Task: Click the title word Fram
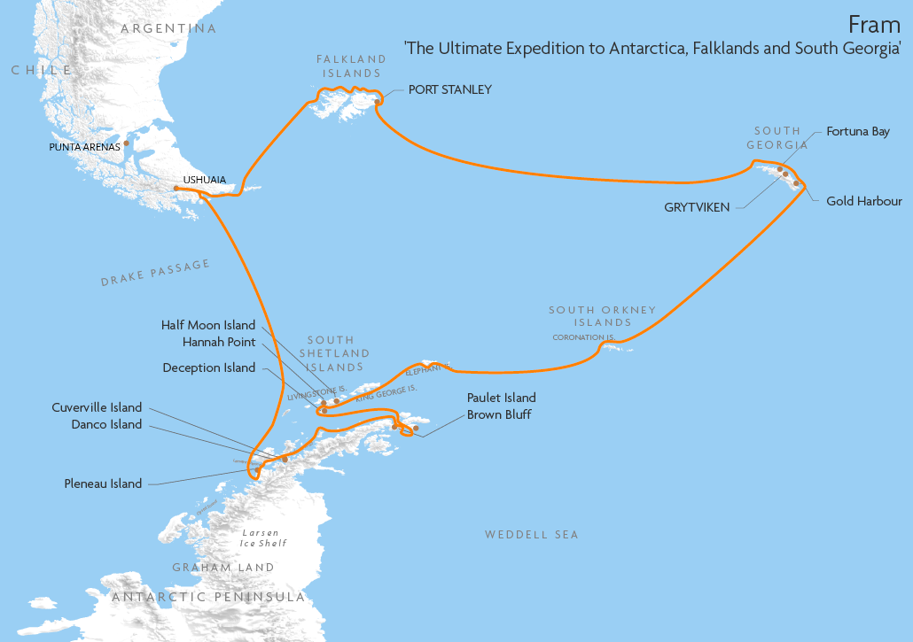[x=874, y=24]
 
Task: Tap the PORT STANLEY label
[x=449, y=89]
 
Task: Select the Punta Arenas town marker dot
[x=127, y=143]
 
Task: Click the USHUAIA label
[x=204, y=180]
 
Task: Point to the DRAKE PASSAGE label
[x=155, y=273]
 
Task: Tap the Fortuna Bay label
[x=857, y=131]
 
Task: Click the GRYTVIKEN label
[x=697, y=207]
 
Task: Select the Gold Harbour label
[x=863, y=201]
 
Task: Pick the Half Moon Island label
[x=208, y=325]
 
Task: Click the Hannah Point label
[x=219, y=342]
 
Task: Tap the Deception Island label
[x=209, y=367]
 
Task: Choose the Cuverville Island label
[x=97, y=407]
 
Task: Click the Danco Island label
[x=106, y=424]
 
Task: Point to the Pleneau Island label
[x=103, y=483]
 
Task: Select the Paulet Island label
[x=501, y=398]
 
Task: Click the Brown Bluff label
[x=499, y=414]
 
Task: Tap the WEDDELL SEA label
[x=531, y=534]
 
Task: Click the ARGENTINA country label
[x=168, y=28]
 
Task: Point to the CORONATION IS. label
[x=584, y=337]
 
